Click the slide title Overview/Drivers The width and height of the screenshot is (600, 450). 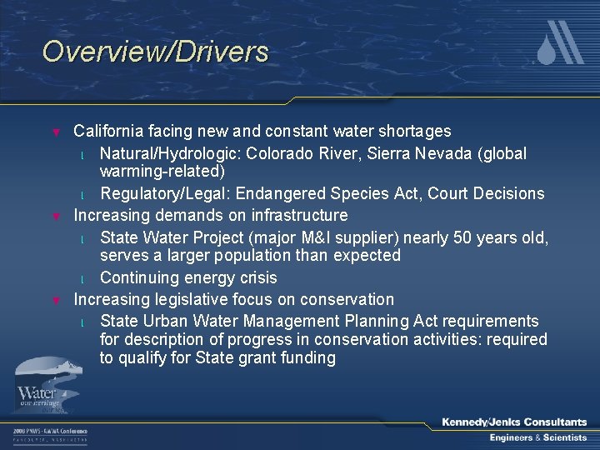(x=156, y=52)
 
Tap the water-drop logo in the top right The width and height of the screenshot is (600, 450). (x=558, y=43)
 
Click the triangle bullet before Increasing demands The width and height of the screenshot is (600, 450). (x=57, y=217)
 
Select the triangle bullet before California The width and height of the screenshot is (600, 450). (x=57, y=132)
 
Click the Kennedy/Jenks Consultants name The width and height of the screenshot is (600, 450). (x=514, y=422)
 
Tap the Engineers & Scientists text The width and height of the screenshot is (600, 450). (x=537, y=438)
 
